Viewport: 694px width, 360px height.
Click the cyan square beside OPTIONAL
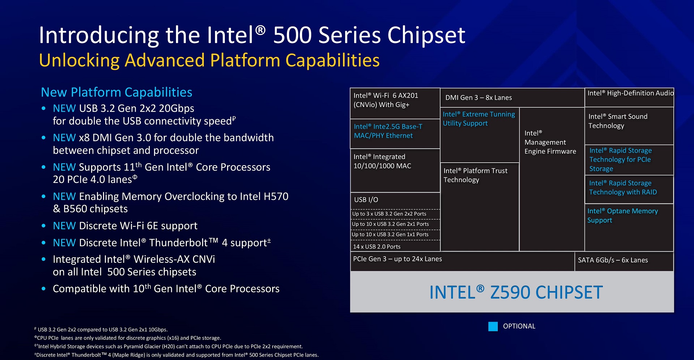coord(493,326)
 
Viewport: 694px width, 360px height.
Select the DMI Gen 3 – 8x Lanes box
coord(512,98)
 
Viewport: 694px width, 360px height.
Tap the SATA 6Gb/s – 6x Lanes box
coord(624,261)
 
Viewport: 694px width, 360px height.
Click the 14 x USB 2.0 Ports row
coord(395,246)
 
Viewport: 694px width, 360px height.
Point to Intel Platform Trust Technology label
coord(475,175)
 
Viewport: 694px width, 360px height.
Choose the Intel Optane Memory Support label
coord(622,215)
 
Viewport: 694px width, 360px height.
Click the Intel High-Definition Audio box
coord(629,97)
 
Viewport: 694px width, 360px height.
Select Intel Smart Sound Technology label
coord(618,121)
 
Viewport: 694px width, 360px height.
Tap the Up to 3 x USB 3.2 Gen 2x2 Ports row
coord(395,214)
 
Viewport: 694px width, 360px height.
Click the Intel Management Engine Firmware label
coord(550,142)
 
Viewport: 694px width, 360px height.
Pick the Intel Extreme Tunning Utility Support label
coord(479,119)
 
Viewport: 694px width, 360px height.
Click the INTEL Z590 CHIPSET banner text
coord(516,292)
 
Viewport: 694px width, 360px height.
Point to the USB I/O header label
coord(366,200)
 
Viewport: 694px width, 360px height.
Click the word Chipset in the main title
coord(426,35)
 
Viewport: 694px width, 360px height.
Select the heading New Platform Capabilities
coord(116,92)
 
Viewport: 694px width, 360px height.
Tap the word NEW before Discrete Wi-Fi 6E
coord(64,226)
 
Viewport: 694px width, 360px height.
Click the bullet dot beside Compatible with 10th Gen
coord(44,289)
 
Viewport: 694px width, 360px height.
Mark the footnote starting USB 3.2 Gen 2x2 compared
coord(101,329)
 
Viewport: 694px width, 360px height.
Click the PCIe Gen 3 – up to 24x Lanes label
coord(397,259)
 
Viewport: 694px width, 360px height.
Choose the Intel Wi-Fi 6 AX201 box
coord(395,103)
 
